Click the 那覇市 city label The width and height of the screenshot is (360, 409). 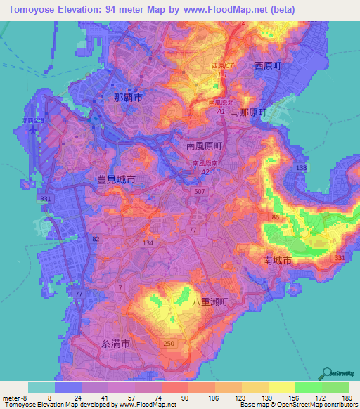(x=128, y=98)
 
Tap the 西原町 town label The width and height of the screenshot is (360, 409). (x=267, y=65)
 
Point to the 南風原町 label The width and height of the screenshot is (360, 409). (x=204, y=145)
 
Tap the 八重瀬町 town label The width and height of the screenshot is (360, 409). (x=211, y=300)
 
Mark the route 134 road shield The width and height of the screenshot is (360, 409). (x=148, y=242)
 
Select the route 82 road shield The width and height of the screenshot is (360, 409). (x=94, y=239)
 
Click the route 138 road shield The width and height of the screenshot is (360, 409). (x=302, y=168)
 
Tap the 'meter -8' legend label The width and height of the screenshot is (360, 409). (x=14, y=397)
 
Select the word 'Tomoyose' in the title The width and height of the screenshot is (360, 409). (x=29, y=9)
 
